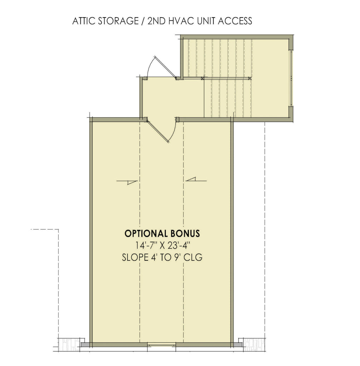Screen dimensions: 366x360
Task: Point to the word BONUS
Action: click(x=185, y=234)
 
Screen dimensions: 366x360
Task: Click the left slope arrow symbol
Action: click(x=127, y=182)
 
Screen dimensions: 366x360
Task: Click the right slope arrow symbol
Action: click(x=196, y=180)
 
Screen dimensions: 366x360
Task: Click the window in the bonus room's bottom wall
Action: click(x=162, y=345)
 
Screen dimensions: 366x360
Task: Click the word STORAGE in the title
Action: click(x=116, y=21)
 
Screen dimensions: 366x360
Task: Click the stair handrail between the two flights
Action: click(x=225, y=78)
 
